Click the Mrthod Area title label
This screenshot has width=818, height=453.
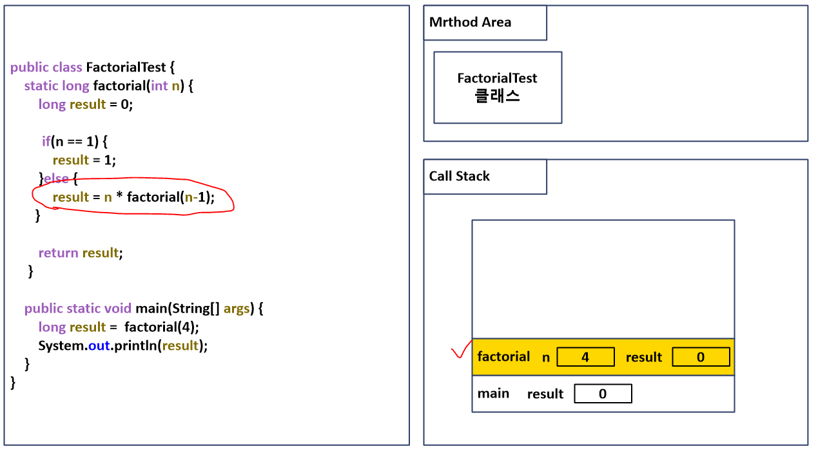click(x=470, y=23)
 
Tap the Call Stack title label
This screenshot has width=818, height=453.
click(x=459, y=177)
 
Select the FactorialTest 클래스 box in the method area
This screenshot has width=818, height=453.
click(x=497, y=88)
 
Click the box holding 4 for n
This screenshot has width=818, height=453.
click(x=585, y=357)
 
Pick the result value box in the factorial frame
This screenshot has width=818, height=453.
click(x=701, y=357)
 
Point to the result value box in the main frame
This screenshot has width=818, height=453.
click(x=603, y=394)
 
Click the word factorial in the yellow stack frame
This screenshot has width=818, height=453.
click(x=503, y=357)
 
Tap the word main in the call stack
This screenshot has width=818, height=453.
click(x=493, y=394)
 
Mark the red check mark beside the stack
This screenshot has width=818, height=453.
click(x=460, y=351)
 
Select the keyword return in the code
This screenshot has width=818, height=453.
click(x=58, y=253)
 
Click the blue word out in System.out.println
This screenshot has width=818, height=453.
click(x=99, y=345)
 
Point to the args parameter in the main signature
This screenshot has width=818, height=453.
click(x=237, y=309)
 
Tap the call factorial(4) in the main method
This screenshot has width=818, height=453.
click(x=162, y=327)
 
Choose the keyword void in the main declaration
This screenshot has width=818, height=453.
click(x=117, y=309)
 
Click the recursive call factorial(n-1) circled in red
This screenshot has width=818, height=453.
click(x=170, y=197)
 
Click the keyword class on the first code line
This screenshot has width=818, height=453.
click(x=66, y=67)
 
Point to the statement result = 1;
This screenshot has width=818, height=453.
click(x=84, y=160)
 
